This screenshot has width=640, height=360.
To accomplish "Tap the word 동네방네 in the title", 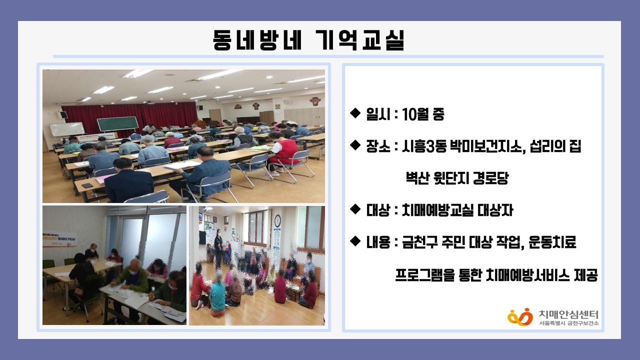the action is (x=257, y=40).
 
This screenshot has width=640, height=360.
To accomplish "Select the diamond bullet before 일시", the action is (x=355, y=113).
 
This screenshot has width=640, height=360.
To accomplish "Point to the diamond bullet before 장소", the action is (x=355, y=145).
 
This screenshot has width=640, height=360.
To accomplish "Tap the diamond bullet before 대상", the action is (x=355, y=209).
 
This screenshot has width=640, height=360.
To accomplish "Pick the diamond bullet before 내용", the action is (x=355, y=241).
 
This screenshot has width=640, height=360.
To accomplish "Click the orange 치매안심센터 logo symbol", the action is (x=520, y=317).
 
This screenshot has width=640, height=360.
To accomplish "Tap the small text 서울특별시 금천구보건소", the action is (x=568, y=323).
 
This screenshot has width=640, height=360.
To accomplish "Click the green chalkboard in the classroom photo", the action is (x=117, y=123).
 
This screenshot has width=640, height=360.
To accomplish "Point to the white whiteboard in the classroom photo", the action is (x=67, y=129).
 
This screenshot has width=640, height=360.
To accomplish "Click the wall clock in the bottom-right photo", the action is (x=277, y=221).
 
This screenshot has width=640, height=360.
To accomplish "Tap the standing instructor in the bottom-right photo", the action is (x=218, y=248).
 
